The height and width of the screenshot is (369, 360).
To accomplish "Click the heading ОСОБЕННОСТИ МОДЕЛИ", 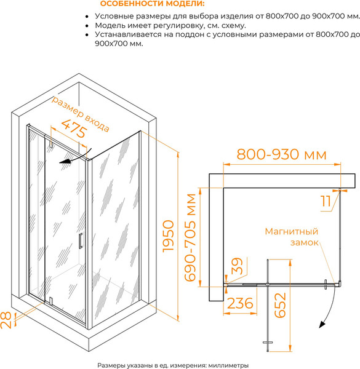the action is pos(153,4).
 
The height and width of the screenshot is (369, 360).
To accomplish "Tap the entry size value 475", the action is pos(74,129).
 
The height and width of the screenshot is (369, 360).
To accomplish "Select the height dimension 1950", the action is pos(169,236).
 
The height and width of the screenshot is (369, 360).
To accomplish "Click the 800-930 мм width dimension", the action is pos(282,154).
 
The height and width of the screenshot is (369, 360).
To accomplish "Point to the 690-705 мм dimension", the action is pos(190,237).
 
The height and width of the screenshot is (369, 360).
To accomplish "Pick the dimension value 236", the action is pos(240,303).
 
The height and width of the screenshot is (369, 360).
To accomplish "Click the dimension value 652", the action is pos(280,305).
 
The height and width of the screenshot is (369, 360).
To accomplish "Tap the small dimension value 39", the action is pos(237,266).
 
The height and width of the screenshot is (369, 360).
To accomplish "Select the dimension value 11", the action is pos(326,201).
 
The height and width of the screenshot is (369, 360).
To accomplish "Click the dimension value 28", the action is pos(6,320).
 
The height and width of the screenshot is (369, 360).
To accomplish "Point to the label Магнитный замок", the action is pos(292,237).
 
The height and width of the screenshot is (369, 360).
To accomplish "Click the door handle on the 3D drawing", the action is pos(81,240).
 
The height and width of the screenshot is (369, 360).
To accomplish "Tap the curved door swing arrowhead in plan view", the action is pos(322,325).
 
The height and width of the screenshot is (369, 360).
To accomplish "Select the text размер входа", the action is pos(80,114).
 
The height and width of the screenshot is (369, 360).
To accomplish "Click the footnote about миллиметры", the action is pos(173,365).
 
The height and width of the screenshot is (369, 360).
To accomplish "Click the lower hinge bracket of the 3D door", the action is pos(50,301).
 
